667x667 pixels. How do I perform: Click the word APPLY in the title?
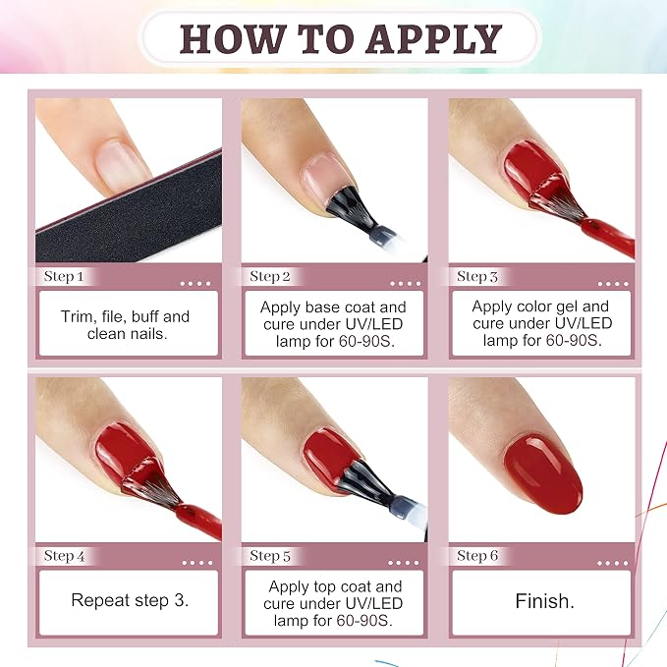click(x=434, y=38)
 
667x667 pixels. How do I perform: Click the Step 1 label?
click(x=64, y=276)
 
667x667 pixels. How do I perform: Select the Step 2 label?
click(x=270, y=276)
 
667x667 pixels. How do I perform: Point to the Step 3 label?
click(x=476, y=276)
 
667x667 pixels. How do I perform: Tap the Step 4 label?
click(x=64, y=556)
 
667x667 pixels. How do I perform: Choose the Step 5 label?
click(x=270, y=556)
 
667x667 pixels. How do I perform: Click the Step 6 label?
click(x=476, y=556)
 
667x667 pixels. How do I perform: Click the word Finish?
click(x=544, y=601)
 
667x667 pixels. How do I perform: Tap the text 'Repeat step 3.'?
click(x=130, y=600)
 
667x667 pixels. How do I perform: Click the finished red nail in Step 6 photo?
click(x=542, y=475)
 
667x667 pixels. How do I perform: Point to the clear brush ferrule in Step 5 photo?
click(x=409, y=508)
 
